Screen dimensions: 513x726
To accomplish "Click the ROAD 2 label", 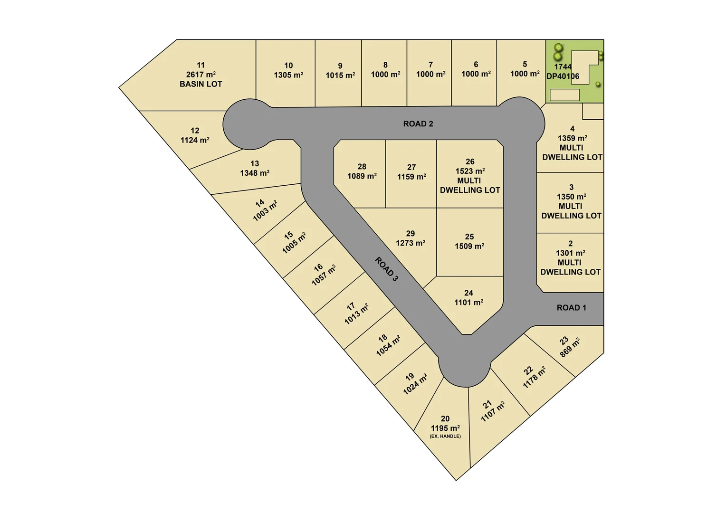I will pyautogui.click(x=418, y=124).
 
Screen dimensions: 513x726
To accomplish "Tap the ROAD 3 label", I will pyautogui.click(x=386, y=269).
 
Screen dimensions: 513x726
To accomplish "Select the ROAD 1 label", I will pyautogui.click(x=571, y=308).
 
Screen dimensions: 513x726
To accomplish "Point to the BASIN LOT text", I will pyautogui.click(x=201, y=84).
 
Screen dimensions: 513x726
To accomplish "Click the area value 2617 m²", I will pyautogui.click(x=201, y=75).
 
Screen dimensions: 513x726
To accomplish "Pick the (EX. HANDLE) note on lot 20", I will pyautogui.click(x=445, y=436).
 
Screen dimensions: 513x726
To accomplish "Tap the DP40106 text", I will pyautogui.click(x=563, y=76).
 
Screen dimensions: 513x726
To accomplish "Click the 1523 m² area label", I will pyautogui.click(x=470, y=171).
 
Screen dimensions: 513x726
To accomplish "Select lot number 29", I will pyautogui.click(x=411, y=234).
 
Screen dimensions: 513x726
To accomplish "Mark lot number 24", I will pyautogui.click(x=468, y=293).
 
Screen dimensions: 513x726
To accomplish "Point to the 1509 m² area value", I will pyautogui.click(x=469, y=246).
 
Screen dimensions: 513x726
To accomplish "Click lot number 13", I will pyautogui.click(x=255, y=163).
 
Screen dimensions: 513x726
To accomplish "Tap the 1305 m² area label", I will pyautogui.click(x=288, y=75).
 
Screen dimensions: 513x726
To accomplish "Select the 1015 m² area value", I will pyautogui.click(x=340, y=76).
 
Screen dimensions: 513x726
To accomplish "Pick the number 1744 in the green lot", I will pyautogui.click(x=563, y=67).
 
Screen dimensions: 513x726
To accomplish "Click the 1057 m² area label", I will pyautogui.click(x=324, y=275).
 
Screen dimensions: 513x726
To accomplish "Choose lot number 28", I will pyautogui.click(x=362, y=167).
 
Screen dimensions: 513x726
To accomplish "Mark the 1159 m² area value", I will pyautogui.click(x=411, y=177).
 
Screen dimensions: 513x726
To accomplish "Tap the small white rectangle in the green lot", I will pyautogui.click(x=564, y=95).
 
